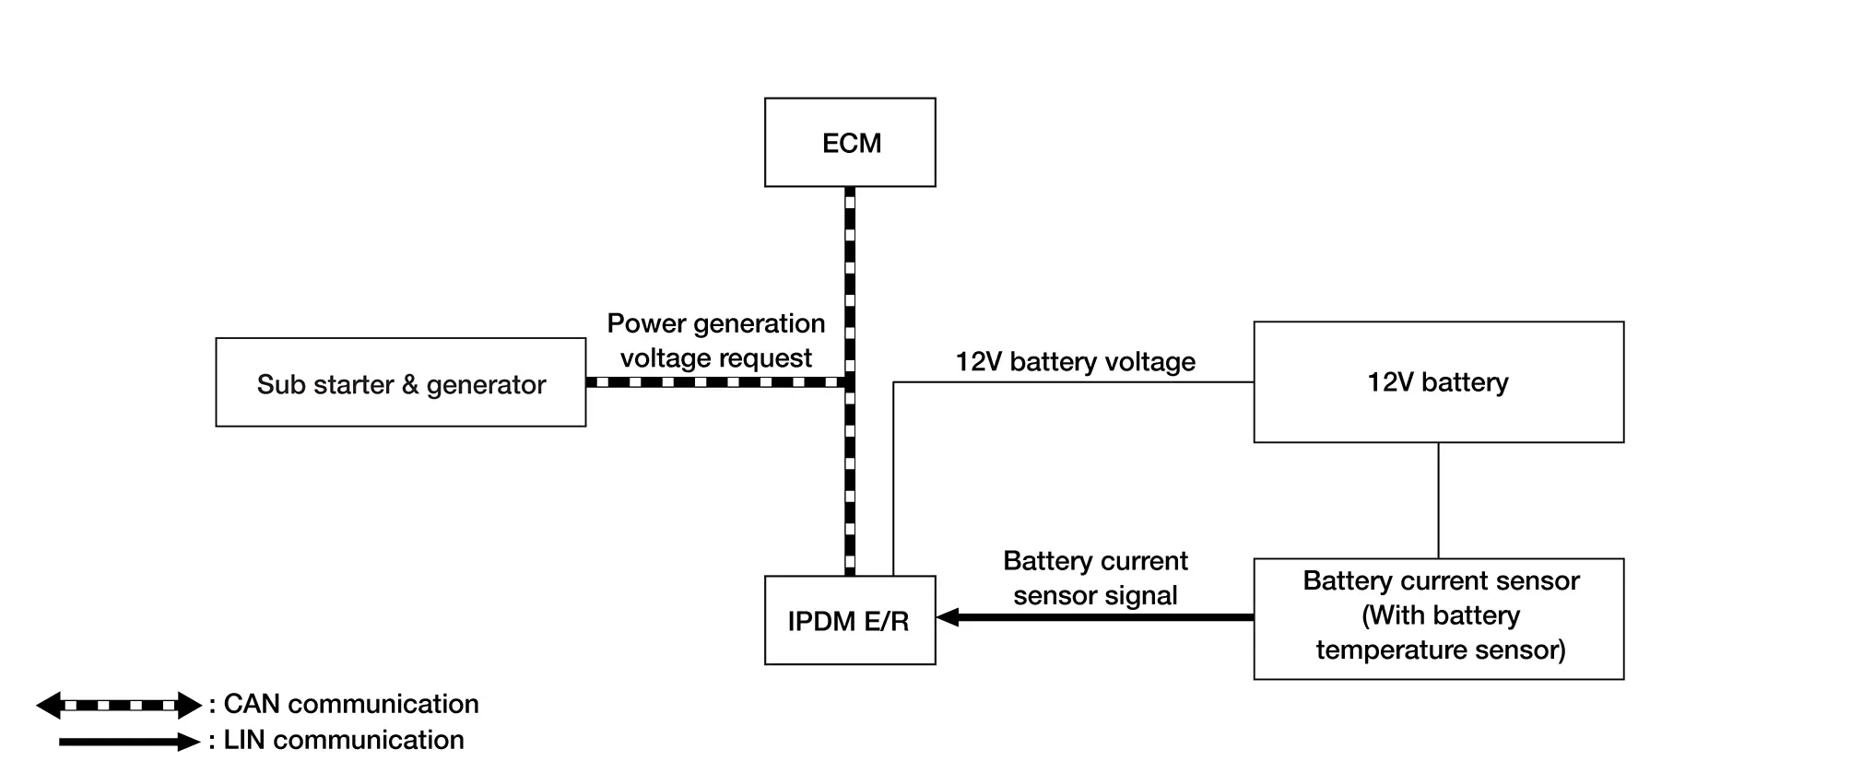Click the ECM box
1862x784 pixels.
(850, 143)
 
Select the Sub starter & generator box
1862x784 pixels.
(401, 382)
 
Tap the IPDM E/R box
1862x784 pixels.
(850, 620)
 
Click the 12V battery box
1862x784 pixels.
(1438, 382)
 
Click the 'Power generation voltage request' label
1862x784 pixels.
(716, 341)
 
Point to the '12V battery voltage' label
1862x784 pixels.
(1075, 362)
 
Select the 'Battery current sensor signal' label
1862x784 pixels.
(1095, 579)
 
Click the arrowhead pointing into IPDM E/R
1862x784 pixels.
(948, 617)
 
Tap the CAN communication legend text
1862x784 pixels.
(351, 705)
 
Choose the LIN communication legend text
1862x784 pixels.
(343, 741)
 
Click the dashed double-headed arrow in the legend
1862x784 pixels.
(119, 706)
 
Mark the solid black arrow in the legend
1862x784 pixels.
(128, 742)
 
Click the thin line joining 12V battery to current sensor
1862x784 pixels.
(1439, 500)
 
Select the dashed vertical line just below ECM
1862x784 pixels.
(850, 240)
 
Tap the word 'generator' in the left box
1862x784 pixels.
(486, 385)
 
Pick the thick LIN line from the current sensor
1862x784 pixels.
(1106, 617)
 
